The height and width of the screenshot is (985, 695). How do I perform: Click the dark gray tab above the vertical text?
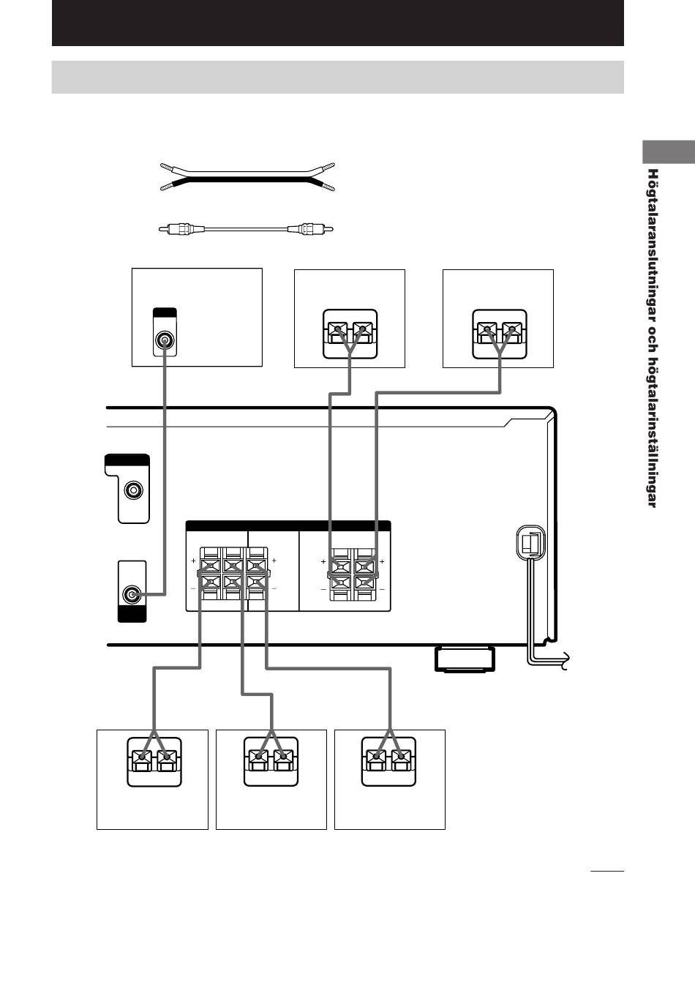coord(669,152)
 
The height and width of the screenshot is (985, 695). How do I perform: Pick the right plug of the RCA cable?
coord(310,229)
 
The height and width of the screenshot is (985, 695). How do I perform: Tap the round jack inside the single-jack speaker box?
coord(165,340)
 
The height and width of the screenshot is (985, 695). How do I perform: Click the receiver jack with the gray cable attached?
coord(132,594)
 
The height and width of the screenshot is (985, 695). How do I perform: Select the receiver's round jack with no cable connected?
coord(133,490)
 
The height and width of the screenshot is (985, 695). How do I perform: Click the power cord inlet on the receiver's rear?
coord(531,544)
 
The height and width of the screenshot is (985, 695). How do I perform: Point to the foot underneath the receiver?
coord(465,659)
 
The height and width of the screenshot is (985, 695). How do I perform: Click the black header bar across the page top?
coord(337,23)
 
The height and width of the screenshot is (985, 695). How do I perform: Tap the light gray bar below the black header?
coord(337,78)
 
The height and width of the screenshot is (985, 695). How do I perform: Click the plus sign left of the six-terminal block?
coord(193,561)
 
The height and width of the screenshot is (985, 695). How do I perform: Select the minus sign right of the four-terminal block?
coord(382,589)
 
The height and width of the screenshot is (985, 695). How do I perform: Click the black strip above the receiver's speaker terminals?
coord(288,526)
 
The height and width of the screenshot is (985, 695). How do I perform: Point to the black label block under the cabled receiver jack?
coord(132,614)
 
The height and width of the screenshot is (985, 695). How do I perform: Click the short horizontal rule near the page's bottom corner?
coord(607,871)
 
